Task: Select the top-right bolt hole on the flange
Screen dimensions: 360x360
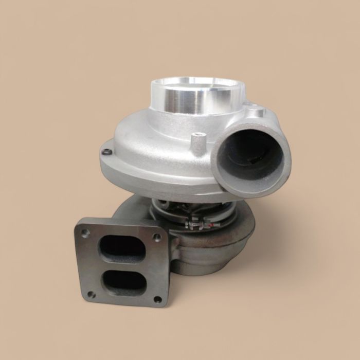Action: pyautogui.click(x=157, y=237)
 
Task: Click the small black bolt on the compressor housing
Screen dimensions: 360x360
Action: pyautogui.click(x=106, y=152)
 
